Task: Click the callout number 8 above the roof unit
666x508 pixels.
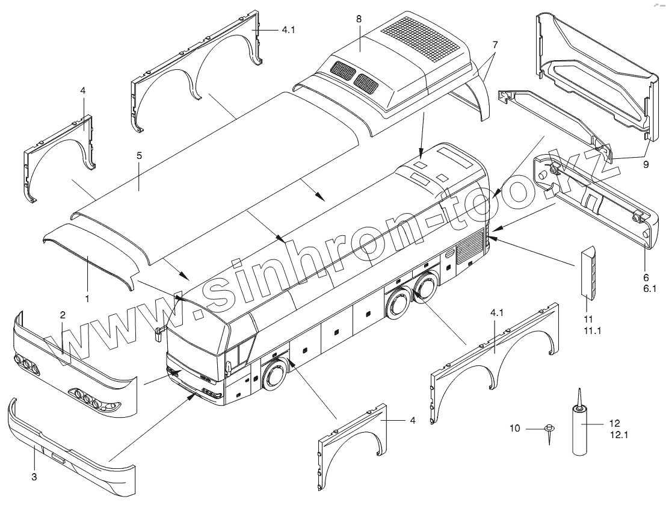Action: pyautogui.click(x=359, y=19)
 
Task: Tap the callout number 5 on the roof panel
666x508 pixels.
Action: pyautogui.click(x=139, y=155)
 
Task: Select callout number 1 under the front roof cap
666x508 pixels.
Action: pyautogui.click(x=87, y=299)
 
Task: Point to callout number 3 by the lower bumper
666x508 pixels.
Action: pyautogui.click(x=34, y=477)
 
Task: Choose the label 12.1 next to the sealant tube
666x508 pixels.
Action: pyautogui.click(x=618, y=433)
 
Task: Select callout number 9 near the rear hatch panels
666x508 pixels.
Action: pyautogui.click(x=646, y=163)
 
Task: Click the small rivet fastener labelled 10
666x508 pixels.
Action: pyautogui.click(x=549, y=431)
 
